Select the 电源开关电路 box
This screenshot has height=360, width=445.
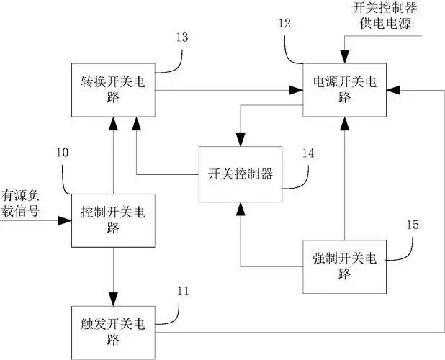(345, 89)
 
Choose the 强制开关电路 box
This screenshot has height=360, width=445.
(345, 266)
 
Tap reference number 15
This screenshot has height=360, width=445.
(413, 225)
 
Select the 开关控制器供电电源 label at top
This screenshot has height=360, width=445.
(387, 14)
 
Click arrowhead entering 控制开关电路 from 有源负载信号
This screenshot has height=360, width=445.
(66, 221)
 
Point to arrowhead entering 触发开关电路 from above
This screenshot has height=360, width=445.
(112, 298)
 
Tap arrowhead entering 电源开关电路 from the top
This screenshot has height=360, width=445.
(345, 58)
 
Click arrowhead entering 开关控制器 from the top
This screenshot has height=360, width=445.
(240, 140)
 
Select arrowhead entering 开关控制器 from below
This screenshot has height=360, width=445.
(240, 207)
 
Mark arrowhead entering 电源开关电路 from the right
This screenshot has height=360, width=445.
(393, 90)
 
